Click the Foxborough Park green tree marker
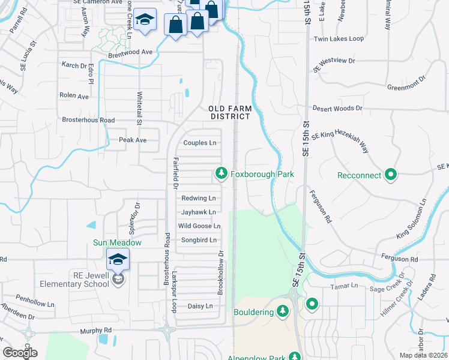[x=221, y=174]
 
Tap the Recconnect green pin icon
[x=391, y=175]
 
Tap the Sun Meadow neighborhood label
[x=116, y=243]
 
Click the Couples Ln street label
[x=200, y=143]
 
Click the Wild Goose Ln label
[x=199, y=226]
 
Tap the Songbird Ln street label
[x=197, y=240]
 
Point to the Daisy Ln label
[x=200, y=306]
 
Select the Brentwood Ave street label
[x=130, y=52]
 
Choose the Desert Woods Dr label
[x=337, y=109]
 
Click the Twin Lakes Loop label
[x=339, y=39]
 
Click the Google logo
[x=20, y=353]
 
